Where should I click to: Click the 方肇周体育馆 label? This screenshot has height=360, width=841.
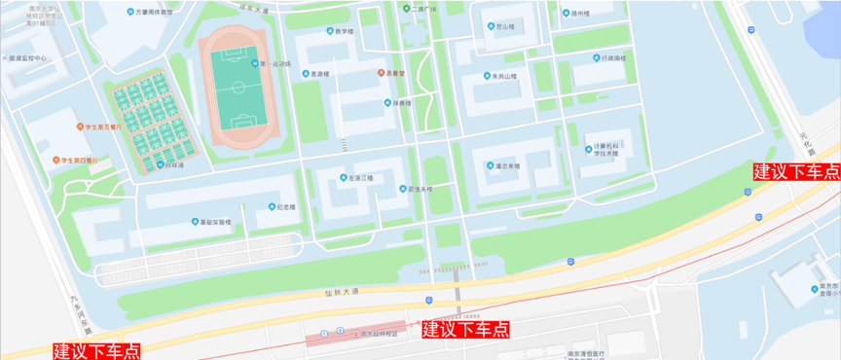155,13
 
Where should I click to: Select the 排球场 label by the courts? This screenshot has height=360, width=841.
173,165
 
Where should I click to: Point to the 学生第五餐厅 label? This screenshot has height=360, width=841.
102,126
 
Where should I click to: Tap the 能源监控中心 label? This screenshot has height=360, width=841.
28,58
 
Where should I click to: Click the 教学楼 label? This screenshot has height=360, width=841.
343,31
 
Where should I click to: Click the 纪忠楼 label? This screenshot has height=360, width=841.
286,206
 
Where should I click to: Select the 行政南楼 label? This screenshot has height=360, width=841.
613,58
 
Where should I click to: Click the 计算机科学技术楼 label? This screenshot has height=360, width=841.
606,151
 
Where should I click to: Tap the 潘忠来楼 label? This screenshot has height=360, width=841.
504,165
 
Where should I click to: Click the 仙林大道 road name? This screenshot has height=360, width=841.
342,290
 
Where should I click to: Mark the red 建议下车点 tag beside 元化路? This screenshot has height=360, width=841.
796,171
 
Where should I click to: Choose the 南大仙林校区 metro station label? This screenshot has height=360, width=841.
378,333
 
